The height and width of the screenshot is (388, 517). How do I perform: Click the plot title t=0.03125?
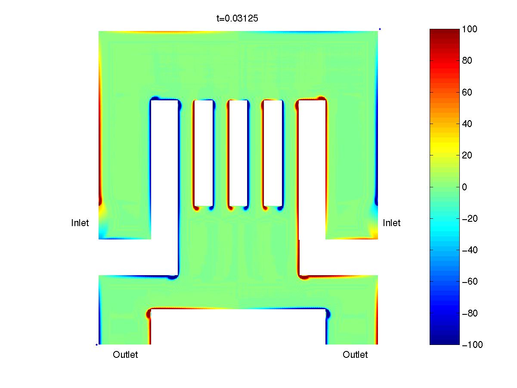click(237, 19)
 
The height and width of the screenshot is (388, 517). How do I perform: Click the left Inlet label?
click(80, 223)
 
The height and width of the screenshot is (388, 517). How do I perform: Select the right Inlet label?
click(391, 223)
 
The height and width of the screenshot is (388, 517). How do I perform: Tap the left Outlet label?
click(125, 354)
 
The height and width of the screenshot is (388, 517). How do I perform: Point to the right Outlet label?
click(355, 354)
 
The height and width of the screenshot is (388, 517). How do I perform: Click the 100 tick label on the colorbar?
click(469, 29)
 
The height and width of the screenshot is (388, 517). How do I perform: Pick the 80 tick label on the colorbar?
click(467, 61)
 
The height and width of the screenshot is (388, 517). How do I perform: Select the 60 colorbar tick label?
click(467, 92)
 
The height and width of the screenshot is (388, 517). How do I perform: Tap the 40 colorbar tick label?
click(467, 124)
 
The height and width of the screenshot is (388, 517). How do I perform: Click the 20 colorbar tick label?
click(467, 155)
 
